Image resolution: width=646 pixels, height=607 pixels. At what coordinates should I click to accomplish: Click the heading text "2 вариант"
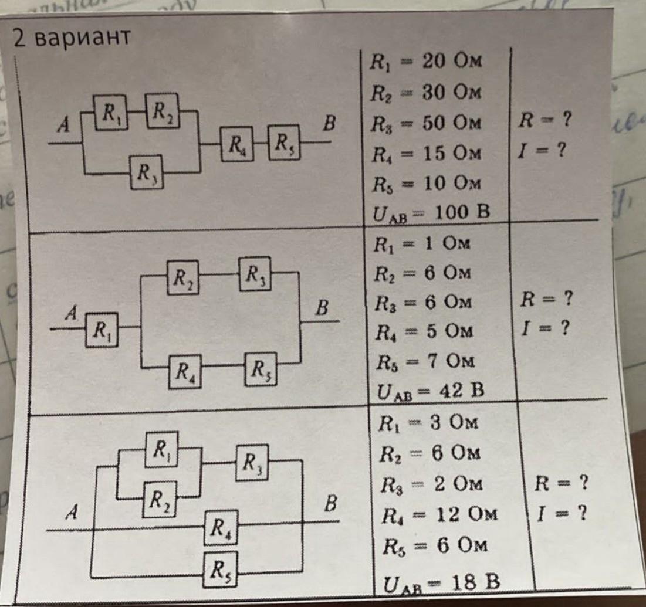71,38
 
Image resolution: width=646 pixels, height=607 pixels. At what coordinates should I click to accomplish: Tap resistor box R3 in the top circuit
147,172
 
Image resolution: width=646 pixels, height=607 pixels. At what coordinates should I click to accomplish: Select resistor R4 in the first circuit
237,142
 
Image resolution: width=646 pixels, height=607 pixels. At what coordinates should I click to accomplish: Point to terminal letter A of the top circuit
61,126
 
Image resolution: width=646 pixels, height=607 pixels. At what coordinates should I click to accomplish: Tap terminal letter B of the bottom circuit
332,503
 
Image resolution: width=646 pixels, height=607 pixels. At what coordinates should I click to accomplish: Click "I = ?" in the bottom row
562,514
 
